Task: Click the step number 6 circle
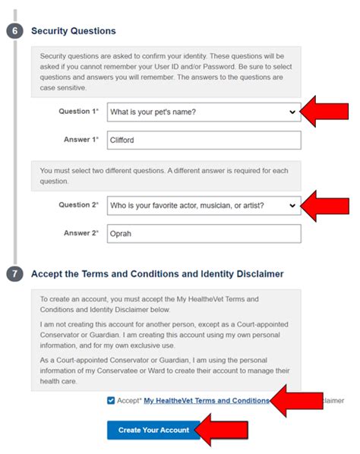pyautogui.click(x=15, y=31)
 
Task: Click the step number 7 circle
pyautogui.click(x=15, y=274)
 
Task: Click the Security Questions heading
pyautogui.click(x=73, y=31)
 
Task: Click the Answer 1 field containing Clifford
pyautogui.click(x=204, y=140)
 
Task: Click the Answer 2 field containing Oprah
pyautogui.click(x=204, y=233)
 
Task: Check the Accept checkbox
pyautogui.click(x=112, y=400)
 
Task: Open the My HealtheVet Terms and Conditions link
pyautogui.click(x=206, y=400)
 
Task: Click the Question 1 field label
pyautogui.click(x=79, y=112)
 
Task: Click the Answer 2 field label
pyautogui.click(x=81, y=233)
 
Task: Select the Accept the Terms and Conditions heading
pyautogui.click(x=156, y=274)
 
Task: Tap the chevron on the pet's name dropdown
pyautogui.click(x=292, y=112)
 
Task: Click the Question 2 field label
pyautogui.click(x=79, y=205)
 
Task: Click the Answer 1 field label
pyautogui.click(x=81, y=140)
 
